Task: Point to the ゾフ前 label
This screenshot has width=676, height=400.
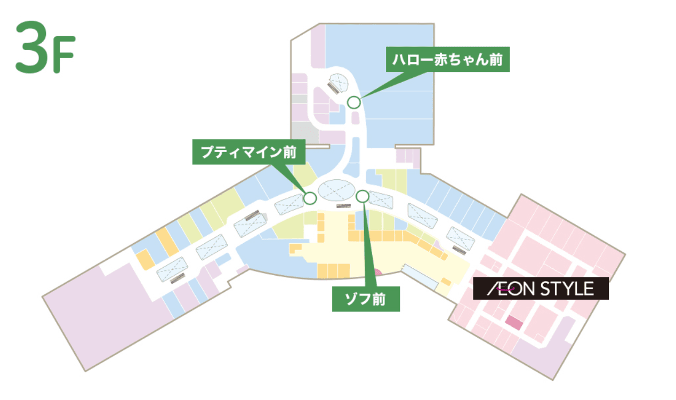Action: (366, 299)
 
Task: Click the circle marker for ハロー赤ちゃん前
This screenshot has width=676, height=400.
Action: (353, 102)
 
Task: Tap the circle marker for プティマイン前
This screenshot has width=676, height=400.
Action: (310, 198)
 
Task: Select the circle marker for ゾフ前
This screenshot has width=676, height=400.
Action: (362, 197)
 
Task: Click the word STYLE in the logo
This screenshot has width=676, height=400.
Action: (567, 289)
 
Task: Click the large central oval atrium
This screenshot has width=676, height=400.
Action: (336, 190)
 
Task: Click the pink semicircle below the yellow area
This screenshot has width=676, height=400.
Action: (378, 273)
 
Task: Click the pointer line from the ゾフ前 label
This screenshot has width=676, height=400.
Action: (366, 245)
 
